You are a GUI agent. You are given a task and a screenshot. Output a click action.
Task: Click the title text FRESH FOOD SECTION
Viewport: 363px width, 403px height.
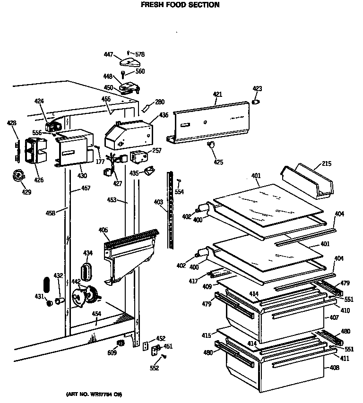(x=180, y=5)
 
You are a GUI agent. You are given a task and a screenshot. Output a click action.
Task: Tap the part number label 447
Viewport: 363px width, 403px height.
(x=108, y=55)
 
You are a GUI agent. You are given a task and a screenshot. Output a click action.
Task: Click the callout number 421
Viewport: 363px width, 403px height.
(x=217, y=95)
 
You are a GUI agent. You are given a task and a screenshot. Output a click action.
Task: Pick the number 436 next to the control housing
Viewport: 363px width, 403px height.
(x=164, y=115)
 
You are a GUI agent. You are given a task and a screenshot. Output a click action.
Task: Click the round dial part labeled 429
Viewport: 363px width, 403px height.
(x=19, y=177)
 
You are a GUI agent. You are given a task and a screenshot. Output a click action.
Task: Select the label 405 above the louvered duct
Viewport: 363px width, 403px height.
(x=103, y=230)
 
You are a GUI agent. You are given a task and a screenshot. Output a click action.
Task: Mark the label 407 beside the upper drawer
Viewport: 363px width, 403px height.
(x=334, y=318)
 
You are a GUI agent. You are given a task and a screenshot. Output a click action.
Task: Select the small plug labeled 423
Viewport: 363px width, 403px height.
(x=256, y=101)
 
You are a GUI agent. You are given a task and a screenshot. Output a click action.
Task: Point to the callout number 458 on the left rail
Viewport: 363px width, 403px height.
(x=51, y=213)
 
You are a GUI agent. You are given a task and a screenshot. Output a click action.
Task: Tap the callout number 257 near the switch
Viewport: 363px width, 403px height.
(x=157, y=151)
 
